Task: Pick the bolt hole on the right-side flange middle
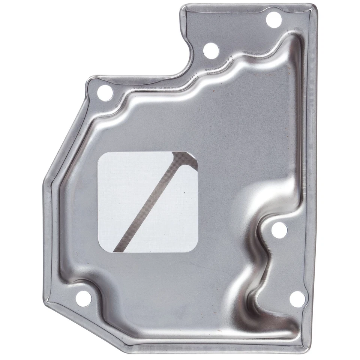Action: pos(279,230)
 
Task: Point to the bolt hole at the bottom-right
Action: pos(297,299)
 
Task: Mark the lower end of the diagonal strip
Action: pos(116,249)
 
